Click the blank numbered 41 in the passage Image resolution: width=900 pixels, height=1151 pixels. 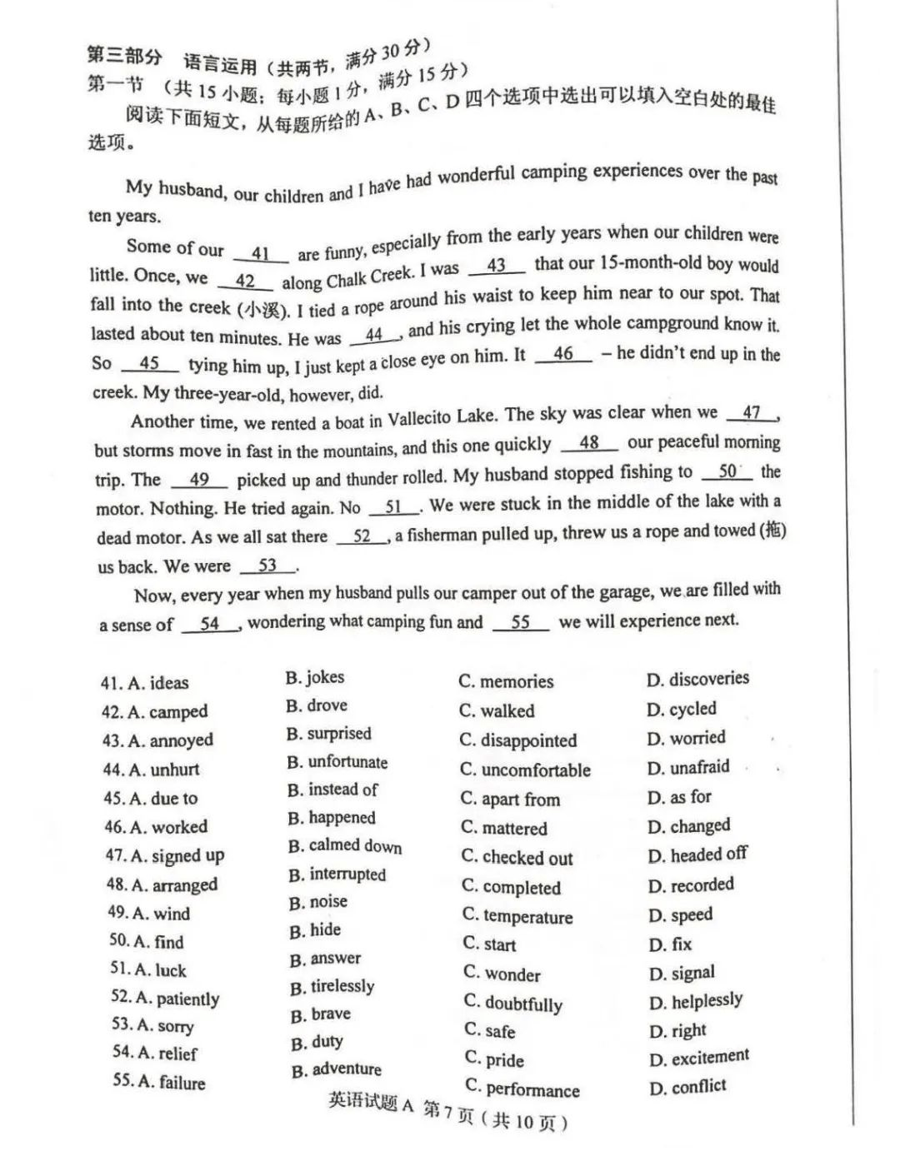tap(261, 254)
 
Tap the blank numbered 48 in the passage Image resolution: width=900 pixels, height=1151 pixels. tap(589, 443)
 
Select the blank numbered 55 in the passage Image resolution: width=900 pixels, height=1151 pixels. tap(521, 623)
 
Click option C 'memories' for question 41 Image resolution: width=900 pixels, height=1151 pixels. tap(506, 681)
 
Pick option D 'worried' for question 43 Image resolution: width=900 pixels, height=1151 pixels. tap(686, 738)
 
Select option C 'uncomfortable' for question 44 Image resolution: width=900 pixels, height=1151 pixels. tap(525, 770)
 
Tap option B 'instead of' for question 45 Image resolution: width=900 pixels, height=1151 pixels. tap(332, 790)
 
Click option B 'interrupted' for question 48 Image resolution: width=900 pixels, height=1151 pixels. tap(337, 874)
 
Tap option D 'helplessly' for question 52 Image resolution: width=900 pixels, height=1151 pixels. tap(696, 1001)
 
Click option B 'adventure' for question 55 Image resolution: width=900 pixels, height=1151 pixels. tap(336, 1070)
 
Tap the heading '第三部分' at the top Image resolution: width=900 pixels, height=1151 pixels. tap(125, 56)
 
